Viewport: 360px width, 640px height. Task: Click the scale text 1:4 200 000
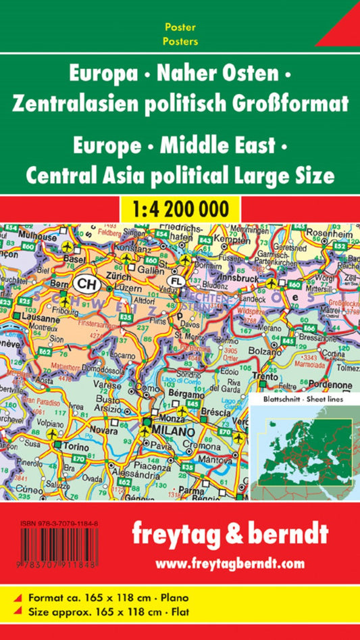[x=180, y=206]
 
